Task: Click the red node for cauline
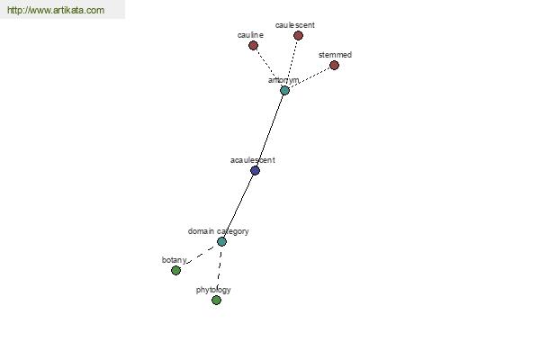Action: pos(254,46)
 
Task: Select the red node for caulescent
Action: pos(298,35)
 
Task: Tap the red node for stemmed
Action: pos(334,65)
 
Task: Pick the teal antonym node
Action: pos(284,91)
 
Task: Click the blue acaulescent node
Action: pos(255,170)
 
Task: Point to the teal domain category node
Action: pos(221,241)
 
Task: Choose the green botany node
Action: pos(176,270)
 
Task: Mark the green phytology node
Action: pos(216,300)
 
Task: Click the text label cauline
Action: pos(250,35)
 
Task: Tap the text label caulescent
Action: pos(295,25)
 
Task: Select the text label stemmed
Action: pos(335,55)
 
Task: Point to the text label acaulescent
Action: pos(252,160)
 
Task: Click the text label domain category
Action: pos(219,231)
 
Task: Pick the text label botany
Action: pos(175,260)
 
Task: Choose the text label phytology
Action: pos(213,290)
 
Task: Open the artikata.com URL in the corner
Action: pos(56,10)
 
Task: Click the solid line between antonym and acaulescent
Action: pos(270,130)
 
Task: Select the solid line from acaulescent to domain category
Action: pos(238,206)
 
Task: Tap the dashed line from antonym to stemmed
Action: pos(310,78)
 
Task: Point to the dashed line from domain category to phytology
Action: pos(219,271)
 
